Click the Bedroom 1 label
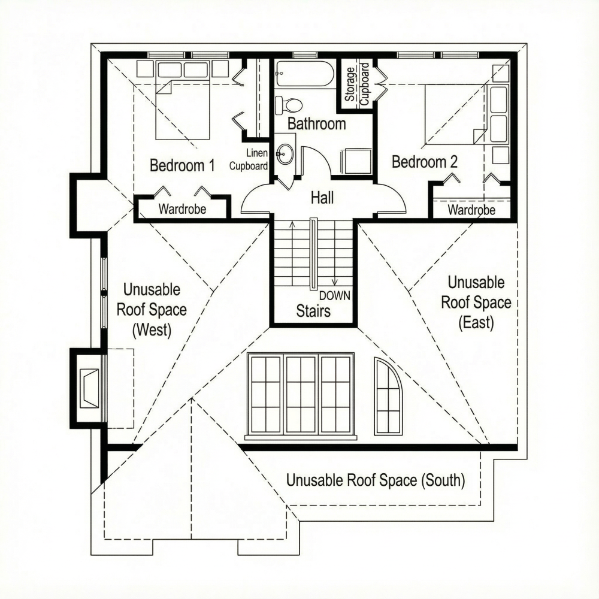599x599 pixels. (181, 165)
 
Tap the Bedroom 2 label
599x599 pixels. (425, 162)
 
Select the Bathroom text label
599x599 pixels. (316, 124)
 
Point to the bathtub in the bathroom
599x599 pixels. (304, 75)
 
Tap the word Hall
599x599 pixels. (322, 197)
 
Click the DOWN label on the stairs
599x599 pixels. (334, 295)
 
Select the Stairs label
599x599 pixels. (313, 311)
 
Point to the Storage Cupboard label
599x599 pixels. (358, 85)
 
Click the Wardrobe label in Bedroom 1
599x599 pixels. (182, 210)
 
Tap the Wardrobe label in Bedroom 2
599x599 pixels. (471, 210)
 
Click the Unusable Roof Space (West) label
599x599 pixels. (151, 310)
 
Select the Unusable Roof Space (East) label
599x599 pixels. (476, 302)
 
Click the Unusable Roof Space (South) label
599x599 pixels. (375, 480)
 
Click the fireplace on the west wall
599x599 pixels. (89, 388)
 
